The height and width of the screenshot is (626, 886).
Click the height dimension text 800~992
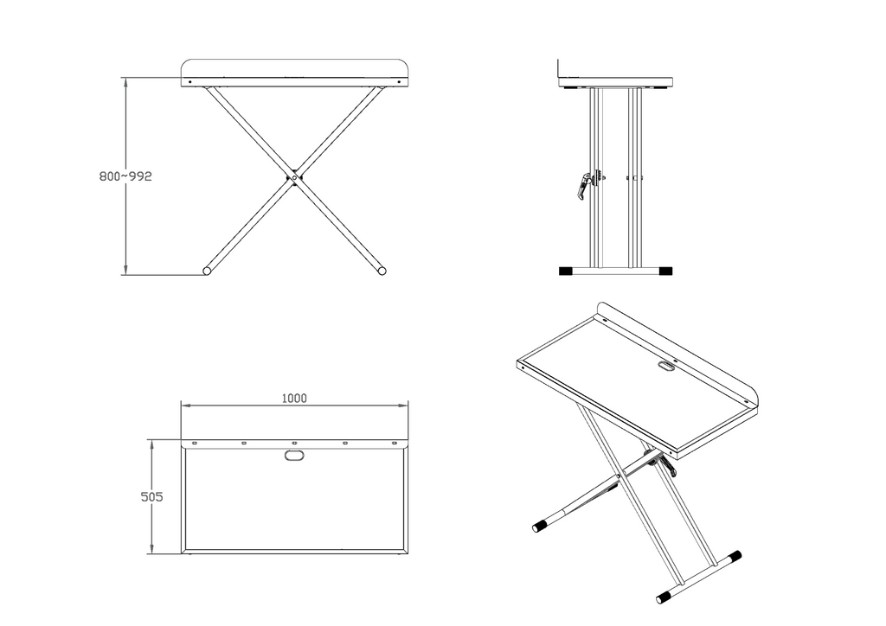coord(125,176)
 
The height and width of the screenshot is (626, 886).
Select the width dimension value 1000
coord(294,399)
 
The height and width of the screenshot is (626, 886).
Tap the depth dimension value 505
coord(151,497)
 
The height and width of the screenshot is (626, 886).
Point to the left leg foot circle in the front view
coord(208,271)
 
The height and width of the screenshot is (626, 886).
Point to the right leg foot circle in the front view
coord(382,271)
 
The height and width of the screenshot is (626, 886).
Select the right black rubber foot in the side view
coord(664,271)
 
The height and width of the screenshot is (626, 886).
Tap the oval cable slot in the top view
coord(294,455)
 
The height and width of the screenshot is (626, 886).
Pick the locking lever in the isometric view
coord(669,467)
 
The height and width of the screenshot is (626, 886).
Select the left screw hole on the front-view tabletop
coord(189,82)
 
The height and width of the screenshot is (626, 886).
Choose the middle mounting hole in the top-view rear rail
coord(294,444)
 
